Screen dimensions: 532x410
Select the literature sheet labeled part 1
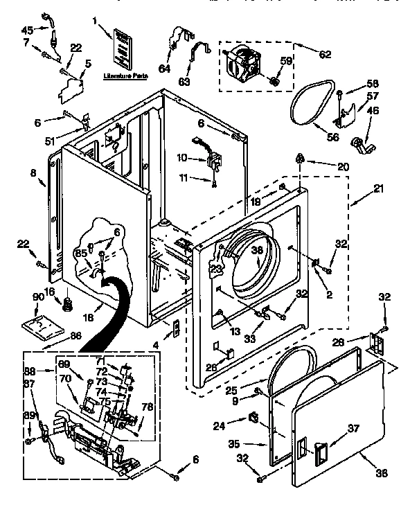(x=122, y=48)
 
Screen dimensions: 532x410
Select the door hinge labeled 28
(x=378, y=342)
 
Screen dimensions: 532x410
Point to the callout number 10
(x=182, y=157)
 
